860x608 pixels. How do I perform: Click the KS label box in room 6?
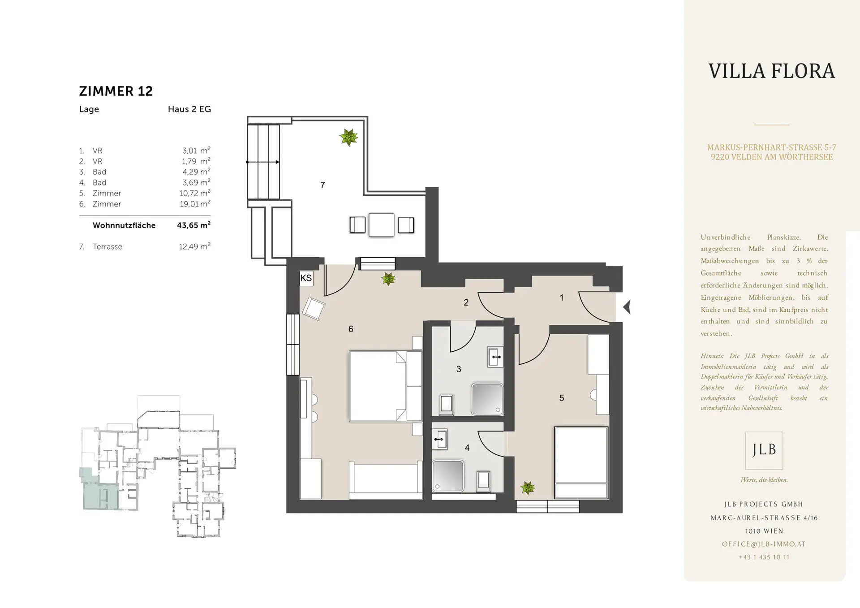click(x=306, y=278)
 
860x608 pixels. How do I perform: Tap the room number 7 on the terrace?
click(x=322, y=185)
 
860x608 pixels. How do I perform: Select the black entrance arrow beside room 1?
click(x=627, y=307)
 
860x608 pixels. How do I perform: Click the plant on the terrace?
click(x=348, y=137)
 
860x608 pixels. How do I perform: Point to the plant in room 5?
click(x=528, y=487)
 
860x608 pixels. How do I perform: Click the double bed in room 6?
click(x=386, y=386)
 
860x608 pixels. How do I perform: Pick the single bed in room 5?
click(x=581, y=463)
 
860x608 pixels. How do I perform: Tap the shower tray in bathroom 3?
click(x=487, y=399)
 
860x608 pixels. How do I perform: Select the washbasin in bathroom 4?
click(x=439, y=439)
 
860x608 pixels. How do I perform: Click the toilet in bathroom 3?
click(x=446, y=403)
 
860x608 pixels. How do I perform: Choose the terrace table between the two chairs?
click(x=381, y=225)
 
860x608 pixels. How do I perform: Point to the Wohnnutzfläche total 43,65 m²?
click(x=193, y=225)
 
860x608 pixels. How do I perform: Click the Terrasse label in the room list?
click(x=107, y=247)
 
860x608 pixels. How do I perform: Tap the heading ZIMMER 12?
click(x=116, y=91)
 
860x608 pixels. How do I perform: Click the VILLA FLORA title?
click(x=771, y=71)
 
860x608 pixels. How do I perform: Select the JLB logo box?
click(x=764, y=450)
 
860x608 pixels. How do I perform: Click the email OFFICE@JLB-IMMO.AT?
click(x=764, y=544)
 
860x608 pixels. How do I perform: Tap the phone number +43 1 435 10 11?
click(x=764, y=557)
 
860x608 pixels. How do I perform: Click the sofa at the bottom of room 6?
click(x=386, y=480)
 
